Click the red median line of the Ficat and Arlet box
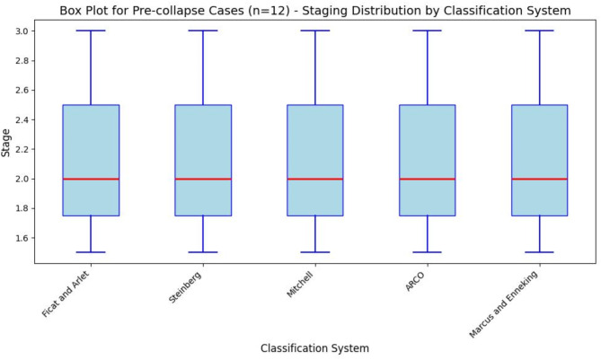click(x=92, y=179)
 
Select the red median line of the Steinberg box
click(x=203, y=179)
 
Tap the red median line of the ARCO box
click(x=428, y=179)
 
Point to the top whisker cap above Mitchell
click(x=315, y=31)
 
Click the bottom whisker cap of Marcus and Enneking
click(x=540, y=252)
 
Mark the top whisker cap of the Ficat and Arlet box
click(x=92, y=31)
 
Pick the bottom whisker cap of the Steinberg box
click(x=203, y=252)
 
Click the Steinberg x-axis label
click(x=185, y=287)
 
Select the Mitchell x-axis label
click(x=300, y=285)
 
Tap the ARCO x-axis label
click(x=415, y=282)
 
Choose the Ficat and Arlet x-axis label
click(x=66, y=294)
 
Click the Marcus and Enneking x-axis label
click(x=504, y=304)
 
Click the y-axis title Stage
click(x=5, y=143)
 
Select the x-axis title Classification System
click(x=314, y=348)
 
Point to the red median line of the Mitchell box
click(x=315, y=179)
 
